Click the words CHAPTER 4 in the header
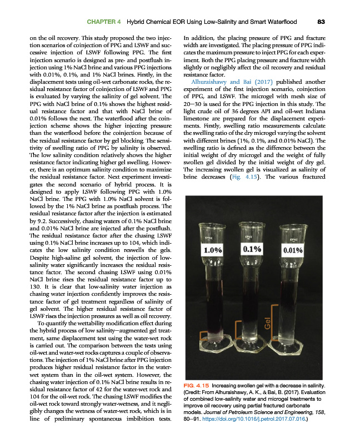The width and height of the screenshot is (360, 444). (105, 22)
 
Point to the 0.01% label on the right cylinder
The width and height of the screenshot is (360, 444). (292, 250)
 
